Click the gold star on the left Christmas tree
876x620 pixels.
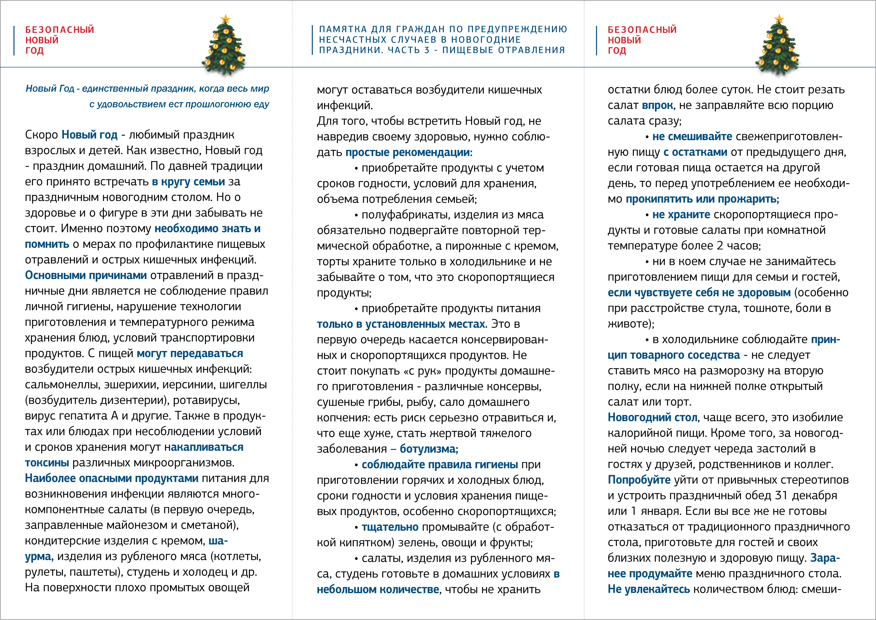coord(225,18)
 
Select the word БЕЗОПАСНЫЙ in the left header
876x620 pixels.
coord(59,30)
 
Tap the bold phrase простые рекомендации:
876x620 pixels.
coord(409,152)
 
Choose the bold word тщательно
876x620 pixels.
coord(390,527)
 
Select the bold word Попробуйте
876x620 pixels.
coord(639,480)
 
